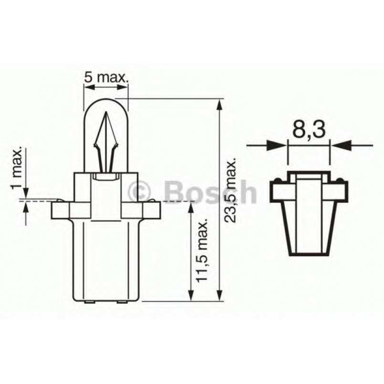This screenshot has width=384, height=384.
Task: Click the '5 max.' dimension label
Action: pyautogui.click(x=105, y=77)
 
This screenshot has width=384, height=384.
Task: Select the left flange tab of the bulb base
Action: pyautogui.click(x=61, y=209)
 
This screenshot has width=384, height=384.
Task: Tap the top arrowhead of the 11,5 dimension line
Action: pyautogui.click(x=191, y=207)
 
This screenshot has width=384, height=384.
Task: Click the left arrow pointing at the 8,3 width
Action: pyautogui.click(x=277, y=143)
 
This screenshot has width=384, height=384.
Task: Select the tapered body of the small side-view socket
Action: pyautogui.click(x=309, y=224)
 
